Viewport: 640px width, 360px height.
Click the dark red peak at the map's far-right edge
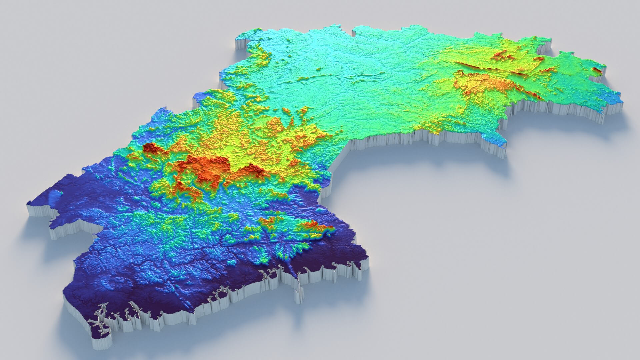click(x=596, y=69)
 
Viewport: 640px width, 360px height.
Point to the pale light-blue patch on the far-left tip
click(x=53, y=198)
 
